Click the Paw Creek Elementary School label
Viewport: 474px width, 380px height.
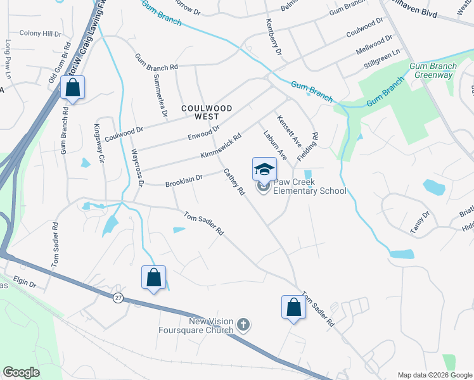coord(309,186)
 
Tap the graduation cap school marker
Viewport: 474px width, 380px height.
coord(264,169)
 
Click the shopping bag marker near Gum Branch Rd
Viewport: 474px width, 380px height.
coord(73,89)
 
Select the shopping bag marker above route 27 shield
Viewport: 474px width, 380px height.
coord(153,277)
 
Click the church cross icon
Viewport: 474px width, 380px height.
coord(243,326)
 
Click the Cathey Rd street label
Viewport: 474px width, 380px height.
coord(233,181)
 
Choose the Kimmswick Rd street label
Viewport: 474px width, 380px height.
coord(221,146)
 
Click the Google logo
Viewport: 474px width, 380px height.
coord(22,372)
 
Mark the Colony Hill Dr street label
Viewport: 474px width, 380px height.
coord(41,33)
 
